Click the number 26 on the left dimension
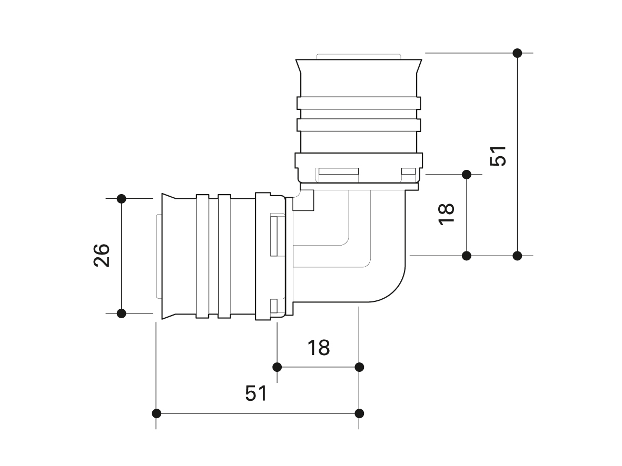pos(102,256)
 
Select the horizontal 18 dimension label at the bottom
pos(319,347)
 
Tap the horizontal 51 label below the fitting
pos(256,393)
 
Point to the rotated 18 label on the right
pos(446,214)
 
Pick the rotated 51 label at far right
pos(498,156)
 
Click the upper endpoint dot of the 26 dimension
pos(121,198)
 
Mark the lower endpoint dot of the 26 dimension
pos(121,313)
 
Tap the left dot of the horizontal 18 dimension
pos(277,367)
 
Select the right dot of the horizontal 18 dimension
pos(359,367)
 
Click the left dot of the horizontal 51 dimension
pos(156,413)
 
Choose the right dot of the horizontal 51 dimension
pos(359,413)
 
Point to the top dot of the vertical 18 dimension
pos(466,174)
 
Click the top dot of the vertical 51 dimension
pos(517,53)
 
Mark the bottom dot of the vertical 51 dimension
pos(517,256)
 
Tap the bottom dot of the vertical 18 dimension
pos(466,256)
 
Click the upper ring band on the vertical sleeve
pos(359,103)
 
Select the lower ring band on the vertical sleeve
pos(359,125)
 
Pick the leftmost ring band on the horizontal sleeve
pos(203,256)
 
